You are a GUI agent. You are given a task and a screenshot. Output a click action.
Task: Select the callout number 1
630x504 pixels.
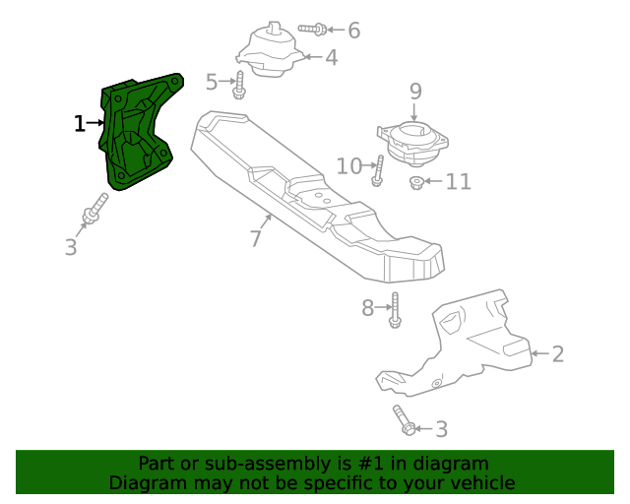coord(80,123)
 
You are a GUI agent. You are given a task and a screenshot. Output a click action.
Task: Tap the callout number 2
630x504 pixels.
coord(558,354)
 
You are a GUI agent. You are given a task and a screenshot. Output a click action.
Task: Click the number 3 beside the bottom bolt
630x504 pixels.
coord(441,429)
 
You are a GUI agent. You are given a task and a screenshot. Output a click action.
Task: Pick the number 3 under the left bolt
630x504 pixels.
coord(71,247)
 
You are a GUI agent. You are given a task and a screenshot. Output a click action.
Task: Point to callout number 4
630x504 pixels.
coord(331,58)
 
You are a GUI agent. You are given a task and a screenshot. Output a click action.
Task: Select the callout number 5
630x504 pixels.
coord(212,81)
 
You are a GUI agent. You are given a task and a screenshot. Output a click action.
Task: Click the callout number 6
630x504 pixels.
coord(353,31)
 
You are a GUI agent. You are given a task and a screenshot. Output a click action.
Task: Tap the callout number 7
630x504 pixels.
coord(255,238)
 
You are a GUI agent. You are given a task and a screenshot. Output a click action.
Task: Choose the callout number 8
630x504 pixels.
coord(368,309)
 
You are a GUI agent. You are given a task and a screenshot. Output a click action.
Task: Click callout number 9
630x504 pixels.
coord(415,92)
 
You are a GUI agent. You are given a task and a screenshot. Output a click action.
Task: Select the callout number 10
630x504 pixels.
coord(349,165)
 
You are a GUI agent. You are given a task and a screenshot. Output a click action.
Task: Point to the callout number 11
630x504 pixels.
coord(458,182)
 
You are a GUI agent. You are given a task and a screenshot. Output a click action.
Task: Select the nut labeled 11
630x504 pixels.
coord(416,183)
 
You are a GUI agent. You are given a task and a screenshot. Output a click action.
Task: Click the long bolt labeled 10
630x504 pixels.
coord(378,171)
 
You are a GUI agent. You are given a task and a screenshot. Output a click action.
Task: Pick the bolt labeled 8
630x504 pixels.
coord(395,309)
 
